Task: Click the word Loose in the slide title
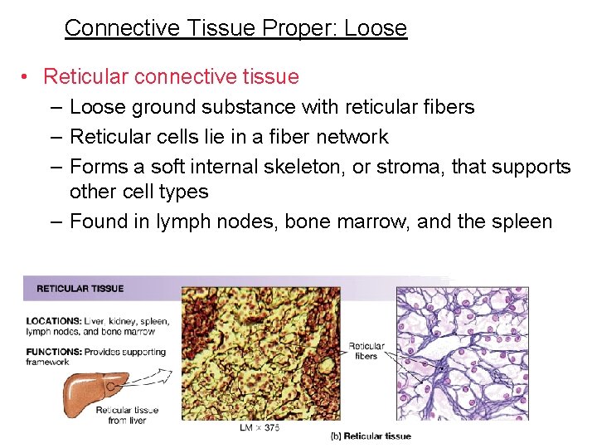(x=376, y=28)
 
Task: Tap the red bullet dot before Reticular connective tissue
(x=27, y=77)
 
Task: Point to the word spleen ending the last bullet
(x=522, y=222)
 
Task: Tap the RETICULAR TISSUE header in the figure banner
(x=80, y=289)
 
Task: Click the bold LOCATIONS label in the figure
(x=53, y=321)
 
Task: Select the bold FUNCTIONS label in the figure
(x=53, y=352)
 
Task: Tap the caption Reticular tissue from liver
(x=126, y=415)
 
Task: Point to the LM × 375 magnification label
(x=260, y=427)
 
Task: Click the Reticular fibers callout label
(x=366, y=351)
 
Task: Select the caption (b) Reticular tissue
(x=371, y=436)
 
